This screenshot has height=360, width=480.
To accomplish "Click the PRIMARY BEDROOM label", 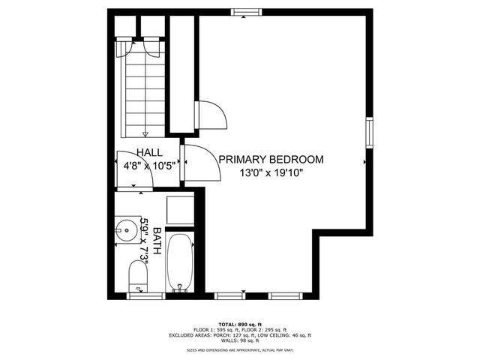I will [x=271, y=159].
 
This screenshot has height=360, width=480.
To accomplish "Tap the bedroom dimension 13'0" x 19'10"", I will [x=271, y=173].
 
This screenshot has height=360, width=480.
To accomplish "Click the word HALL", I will [x=149, y=153].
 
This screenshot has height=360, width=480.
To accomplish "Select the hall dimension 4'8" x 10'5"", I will [x=149, y=167].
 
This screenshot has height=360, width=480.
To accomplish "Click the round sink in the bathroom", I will [x=125, y=228].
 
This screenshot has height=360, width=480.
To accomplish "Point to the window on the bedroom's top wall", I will [x=246, y=11].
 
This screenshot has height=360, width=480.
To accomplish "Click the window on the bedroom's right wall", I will [x=369, y=130].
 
